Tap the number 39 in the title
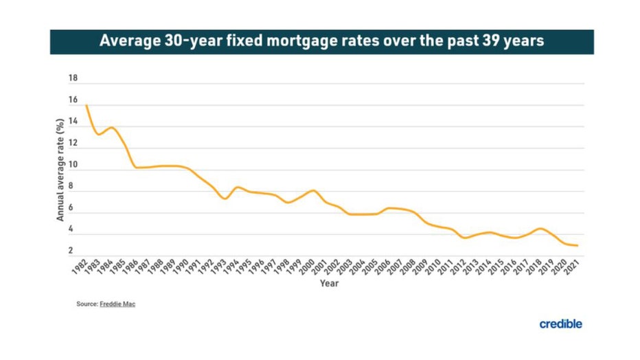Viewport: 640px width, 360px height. tap(485, 41)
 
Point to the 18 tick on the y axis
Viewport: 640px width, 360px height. tap(73, 79)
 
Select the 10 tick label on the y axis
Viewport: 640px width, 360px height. tap(73, 166)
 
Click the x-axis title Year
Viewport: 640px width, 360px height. tap(328, 283)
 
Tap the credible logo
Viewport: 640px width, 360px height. tap(560, 324)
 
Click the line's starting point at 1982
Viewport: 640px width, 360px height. tap(87, 105)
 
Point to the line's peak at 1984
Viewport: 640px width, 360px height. tap(112, 128)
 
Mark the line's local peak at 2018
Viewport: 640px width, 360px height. tap(541, 228)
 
